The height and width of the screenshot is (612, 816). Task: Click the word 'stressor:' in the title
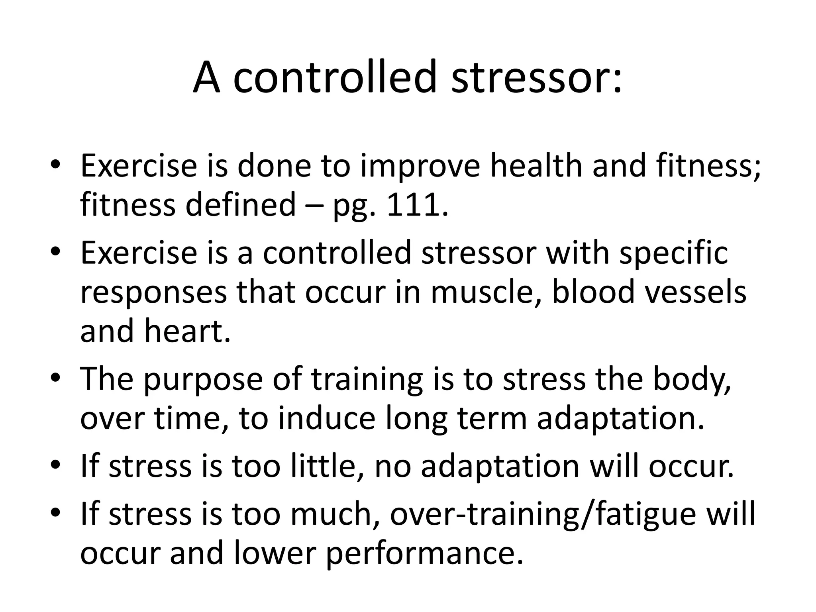pos(536,77)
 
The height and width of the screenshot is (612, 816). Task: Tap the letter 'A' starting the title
pos(206,77)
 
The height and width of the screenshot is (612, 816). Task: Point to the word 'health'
pos(536,166)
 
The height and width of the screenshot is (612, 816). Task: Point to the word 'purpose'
pos(203,380)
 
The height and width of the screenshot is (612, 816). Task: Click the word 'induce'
pos(327,418)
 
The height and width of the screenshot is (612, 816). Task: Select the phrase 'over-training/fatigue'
pos(542,514)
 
